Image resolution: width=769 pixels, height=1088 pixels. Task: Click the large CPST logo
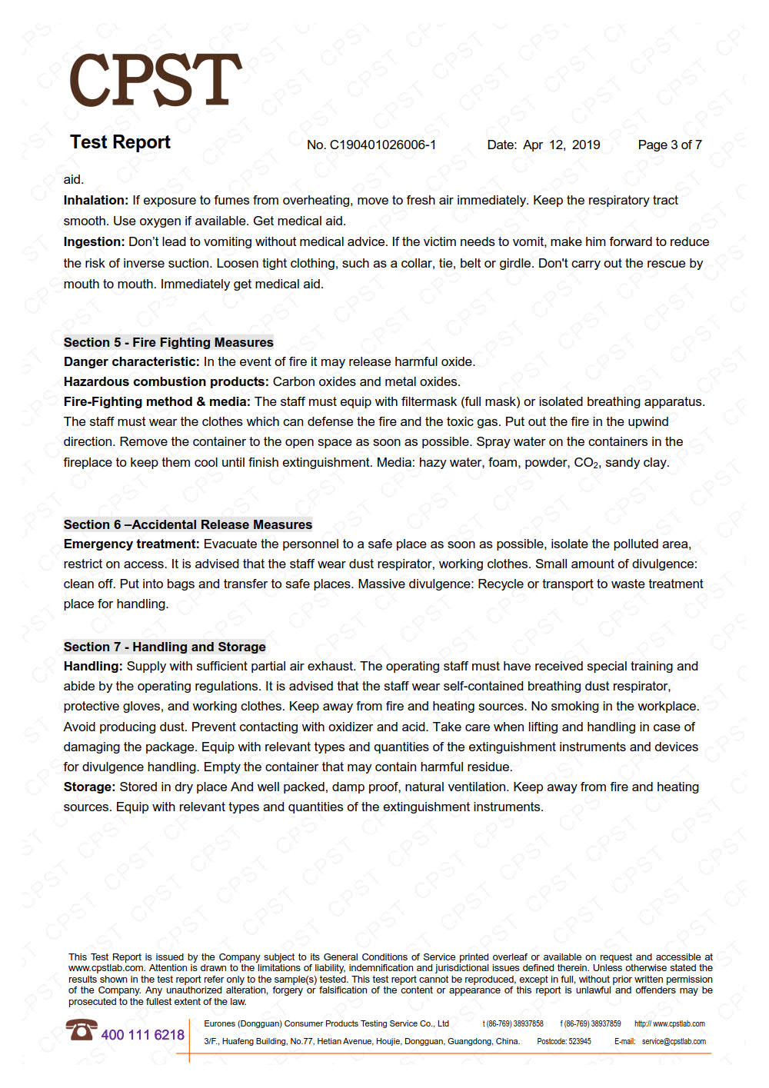[155, 80]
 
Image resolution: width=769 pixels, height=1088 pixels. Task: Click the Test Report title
[120, 142]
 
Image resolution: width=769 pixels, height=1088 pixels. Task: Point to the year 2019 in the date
[586, 145]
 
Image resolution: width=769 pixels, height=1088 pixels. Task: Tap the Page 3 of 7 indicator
[670, 145]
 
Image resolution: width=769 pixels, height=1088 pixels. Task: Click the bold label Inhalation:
[96, 200]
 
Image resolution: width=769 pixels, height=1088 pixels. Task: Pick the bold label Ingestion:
[94, 241]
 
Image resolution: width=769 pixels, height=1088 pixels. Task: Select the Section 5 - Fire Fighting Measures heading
[168, 342]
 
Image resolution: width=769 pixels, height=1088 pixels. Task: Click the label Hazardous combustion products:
[166, 381]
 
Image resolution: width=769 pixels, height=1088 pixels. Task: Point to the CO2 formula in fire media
[586, 463]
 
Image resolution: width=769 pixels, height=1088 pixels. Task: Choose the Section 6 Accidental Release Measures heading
[188, 524]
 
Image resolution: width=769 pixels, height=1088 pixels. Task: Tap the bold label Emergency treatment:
[131, 544]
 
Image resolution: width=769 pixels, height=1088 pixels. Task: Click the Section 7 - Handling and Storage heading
[165, 647]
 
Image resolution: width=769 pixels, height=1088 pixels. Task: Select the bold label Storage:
[89, 787]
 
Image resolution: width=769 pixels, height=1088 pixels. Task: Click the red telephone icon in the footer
[81, 1030]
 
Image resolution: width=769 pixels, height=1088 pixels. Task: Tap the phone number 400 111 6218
[143, 1035]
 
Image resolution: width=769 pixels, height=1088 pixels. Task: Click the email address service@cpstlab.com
[674, 1041]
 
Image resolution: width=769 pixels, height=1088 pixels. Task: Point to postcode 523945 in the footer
[579, 1041]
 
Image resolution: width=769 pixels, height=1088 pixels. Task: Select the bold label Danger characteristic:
[131, 361]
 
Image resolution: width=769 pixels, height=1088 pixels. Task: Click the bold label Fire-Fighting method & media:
[157, 401]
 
